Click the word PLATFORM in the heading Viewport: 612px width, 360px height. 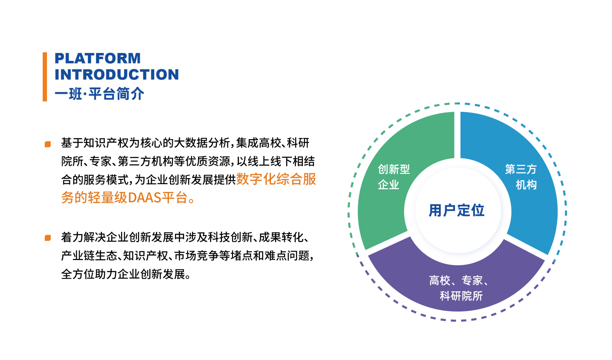click(98, 58)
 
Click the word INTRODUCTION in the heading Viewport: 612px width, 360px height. click(117, 75)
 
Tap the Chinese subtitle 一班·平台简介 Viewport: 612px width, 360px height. click(99, 94)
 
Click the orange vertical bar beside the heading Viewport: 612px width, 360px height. click(45, 77)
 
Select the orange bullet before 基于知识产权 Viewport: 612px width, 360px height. click(48, 144)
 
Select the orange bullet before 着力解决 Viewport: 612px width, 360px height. click(48, 238)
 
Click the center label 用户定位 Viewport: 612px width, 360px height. click(456, 211)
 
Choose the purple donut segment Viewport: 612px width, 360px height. click(456, 287)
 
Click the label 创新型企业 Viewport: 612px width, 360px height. click(394, 177)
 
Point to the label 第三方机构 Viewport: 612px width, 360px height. click(521, 177)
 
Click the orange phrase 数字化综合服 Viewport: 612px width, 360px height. click(276, 179)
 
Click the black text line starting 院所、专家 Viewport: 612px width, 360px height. click(188, 162)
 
